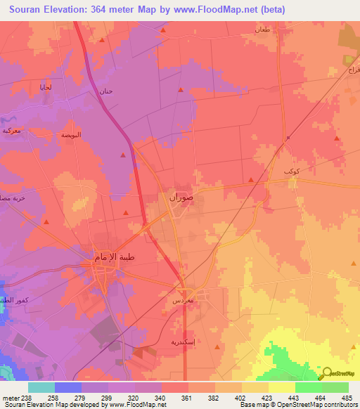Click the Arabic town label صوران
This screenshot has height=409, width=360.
point(181,198)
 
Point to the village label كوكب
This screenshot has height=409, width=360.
point(291,171)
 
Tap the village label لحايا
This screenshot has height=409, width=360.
point(45,86)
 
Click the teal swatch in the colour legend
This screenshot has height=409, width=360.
point(41,387)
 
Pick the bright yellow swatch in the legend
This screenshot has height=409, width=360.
point(281,387)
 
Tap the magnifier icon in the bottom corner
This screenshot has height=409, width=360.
point(326,375)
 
